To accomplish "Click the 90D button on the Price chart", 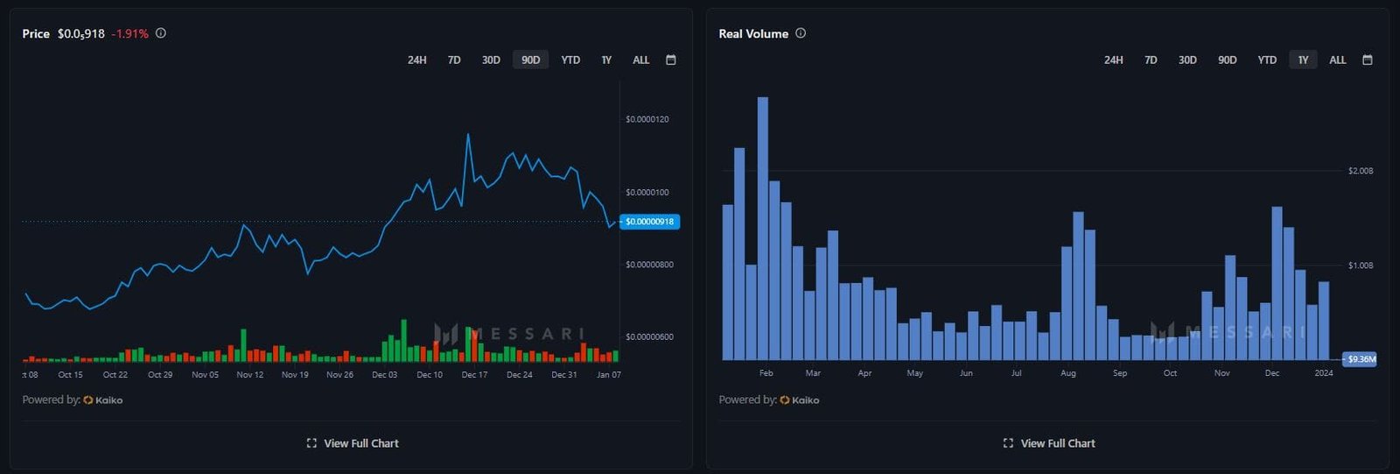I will coord(530,60).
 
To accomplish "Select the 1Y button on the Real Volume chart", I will coord(1303,60).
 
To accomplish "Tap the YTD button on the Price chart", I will coord(570,60).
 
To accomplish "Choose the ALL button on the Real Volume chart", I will coord(1338,60).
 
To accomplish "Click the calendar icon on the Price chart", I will coord(671,60).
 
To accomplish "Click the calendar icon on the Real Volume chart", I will coord(1368,60).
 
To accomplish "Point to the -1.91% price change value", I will coord(130,33).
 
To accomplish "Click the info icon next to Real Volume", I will coord(801,33).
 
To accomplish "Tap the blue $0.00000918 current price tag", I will coord(649,222).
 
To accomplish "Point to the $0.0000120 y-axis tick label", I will coord(647,119).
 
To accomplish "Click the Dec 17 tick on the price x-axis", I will coord(474,375).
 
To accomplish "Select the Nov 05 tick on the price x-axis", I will coord(205,375).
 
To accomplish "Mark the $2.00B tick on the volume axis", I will coord(1361,171).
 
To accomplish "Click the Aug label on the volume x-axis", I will coord(1068,373).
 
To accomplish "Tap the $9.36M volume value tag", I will coord(1361,359).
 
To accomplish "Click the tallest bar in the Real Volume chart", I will coord(763,228).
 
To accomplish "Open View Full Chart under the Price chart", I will coord(353,443).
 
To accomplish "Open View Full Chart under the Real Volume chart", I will coord(1049,443).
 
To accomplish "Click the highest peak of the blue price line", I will coord(468,135).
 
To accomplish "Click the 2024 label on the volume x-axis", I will coord(1324,373).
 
